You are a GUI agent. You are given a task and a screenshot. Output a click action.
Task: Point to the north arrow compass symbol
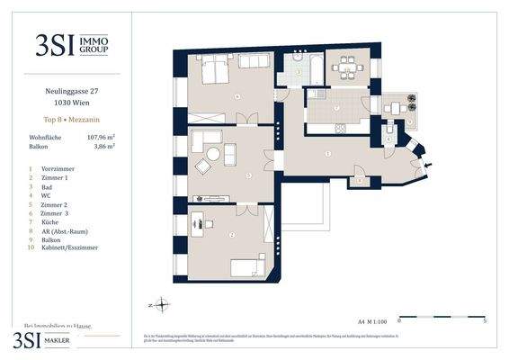coord(159,303)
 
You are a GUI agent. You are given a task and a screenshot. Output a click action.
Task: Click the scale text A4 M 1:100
coord(371,320)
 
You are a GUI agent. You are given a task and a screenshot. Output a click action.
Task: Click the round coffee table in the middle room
coord(214,154)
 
